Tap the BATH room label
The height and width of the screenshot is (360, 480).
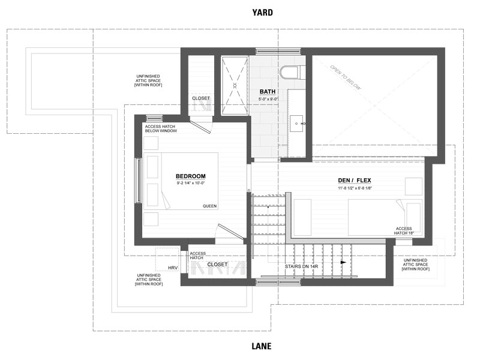click(x=268, y=92)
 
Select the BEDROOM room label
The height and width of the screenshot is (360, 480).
click(x=191, y=176)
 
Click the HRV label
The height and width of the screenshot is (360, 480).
click(x=173, y=268)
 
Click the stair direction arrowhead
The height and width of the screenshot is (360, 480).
click(x=343, y=262)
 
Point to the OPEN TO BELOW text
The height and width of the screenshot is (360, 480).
click(x=345, y=79)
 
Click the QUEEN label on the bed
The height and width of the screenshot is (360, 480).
click(x=209, y=206)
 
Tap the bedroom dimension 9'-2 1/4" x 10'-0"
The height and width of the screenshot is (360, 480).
click(x=191, y=183)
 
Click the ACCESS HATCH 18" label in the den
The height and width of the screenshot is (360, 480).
click(x=403, y=232)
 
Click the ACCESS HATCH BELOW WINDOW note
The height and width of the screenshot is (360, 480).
click(x=161, y=129)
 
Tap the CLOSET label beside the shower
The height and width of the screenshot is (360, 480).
click(x=201, y=98)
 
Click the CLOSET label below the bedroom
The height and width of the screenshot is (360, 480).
click(x=217, y=264)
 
